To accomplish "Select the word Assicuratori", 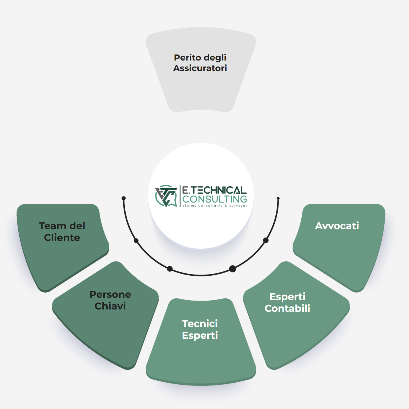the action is pyautogui.click(x=200, y=68).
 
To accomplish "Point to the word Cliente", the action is pyautogui.click(x=62, y=237).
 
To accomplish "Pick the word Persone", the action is pyautogui.click(x=110, y=295).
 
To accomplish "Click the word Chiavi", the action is pyautogui.click(x=110, y=306).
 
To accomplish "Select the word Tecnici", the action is pyautogui.click(x=200, y=324).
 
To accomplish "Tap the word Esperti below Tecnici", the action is pyautogui.click(x=200, y=336).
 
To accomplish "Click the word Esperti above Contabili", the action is pyautogui.click(x=287, y=297).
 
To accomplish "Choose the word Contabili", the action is pyautogui.click(x=287, y=308).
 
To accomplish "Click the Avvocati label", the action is pyautogui.click(x=337, y=226).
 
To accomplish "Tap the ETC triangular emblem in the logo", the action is pyautogui.click(x=166, y=196).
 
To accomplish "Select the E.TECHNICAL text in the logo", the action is pyautogui.click(x=214, y=190).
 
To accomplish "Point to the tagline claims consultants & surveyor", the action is pyautogui.click(x=215, y=206).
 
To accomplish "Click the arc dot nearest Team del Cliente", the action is pyautogui.click(x=136, y=241).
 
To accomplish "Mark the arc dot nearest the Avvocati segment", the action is pyautogui.click(x=266, y=240).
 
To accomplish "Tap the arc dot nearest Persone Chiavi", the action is pyautogui.click(x=170, y=269).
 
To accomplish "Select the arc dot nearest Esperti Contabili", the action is pyautogui.click(x=233, y=269).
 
